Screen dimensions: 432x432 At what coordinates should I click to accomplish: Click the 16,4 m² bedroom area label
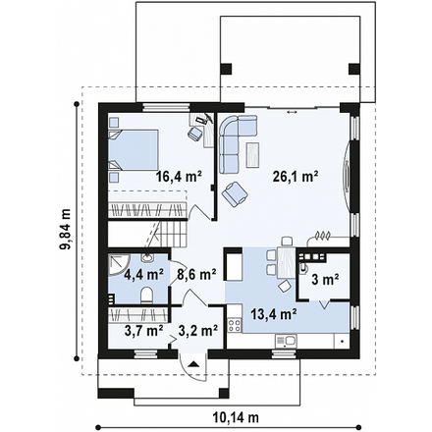point(179,177)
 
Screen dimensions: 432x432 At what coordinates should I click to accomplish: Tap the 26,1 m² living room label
point(296,177)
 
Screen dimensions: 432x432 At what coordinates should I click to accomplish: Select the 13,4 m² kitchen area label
point(274,314)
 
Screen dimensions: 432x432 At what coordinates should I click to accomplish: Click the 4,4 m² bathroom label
point(144,275)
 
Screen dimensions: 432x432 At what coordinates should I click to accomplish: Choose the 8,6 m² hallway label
point(196,275)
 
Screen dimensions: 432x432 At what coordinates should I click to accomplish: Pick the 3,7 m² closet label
point(144,331)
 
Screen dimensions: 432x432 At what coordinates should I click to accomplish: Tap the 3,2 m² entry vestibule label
point(198,331)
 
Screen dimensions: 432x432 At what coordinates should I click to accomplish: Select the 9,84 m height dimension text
point(65,229)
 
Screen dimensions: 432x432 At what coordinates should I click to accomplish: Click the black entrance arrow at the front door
point(193,363)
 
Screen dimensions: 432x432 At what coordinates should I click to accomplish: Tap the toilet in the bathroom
point(146,295)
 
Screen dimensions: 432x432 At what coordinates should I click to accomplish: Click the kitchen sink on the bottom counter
point(286,341)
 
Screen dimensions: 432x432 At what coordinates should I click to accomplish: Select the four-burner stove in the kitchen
point(235,324)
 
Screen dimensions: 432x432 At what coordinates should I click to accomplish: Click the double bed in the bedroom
point(134,150)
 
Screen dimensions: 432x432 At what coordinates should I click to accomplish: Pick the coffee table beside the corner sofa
point(253,154)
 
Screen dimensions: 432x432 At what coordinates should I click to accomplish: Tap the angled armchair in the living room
point(235,194)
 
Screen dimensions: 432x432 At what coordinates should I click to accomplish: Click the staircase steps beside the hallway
point(173,235)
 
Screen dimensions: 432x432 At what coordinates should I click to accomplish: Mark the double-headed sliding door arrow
point(292,112)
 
